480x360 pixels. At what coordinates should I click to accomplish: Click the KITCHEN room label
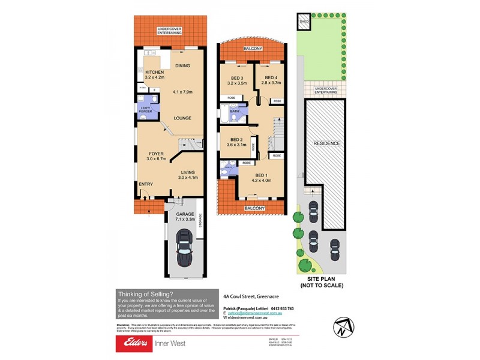155,72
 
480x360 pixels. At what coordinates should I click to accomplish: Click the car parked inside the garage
184,247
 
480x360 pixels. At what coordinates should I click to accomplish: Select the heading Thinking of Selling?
145,293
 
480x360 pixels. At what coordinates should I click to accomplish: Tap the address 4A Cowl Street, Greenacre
249,296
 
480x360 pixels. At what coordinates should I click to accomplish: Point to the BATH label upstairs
235,111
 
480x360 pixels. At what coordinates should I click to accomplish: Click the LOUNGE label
182,118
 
